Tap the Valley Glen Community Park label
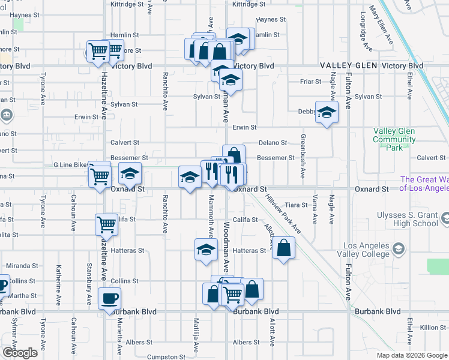(x=394, y=139)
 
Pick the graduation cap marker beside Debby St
(x=327, y=112)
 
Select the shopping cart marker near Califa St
(x=106, y=225)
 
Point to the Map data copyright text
(x=412, y=355)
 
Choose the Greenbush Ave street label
(x=303, y=151)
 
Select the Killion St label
(x=433, y=327)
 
